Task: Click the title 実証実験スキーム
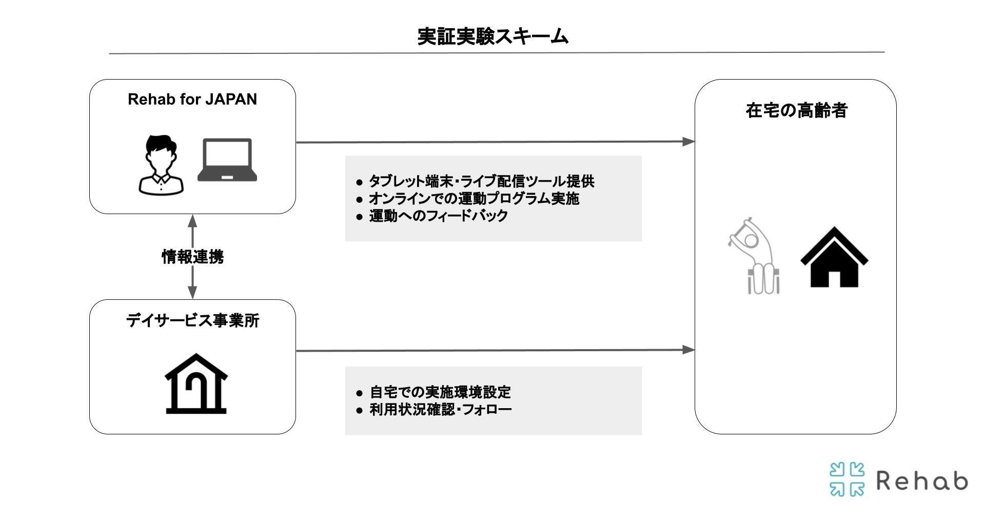[x=493, y=36]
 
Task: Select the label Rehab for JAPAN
[x=192, y=99]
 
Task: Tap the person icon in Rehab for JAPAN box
[x=161, y=164]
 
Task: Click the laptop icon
[x=227, y=160]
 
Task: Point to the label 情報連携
[x=192, y=256]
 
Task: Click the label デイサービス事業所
[x=192, y=320]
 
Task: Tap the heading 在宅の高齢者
[x=796, y=110]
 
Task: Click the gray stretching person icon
[x=754, y=256]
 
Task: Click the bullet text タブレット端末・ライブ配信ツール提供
[x=481, y=181]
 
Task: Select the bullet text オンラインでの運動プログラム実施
[x=474, y=198]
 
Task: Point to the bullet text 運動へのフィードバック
[x=438, y=215]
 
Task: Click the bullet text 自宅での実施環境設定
[x=440, y=392]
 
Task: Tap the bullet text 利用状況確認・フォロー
[x=441, y=409]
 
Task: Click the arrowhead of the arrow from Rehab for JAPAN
[x=688, y=141]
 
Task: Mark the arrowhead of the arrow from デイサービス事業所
[x=688, y=350]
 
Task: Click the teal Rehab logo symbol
[x=846, y=479]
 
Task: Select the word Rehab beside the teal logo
[x=922, y=481]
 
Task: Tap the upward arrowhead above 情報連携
[x=192, y=221]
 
